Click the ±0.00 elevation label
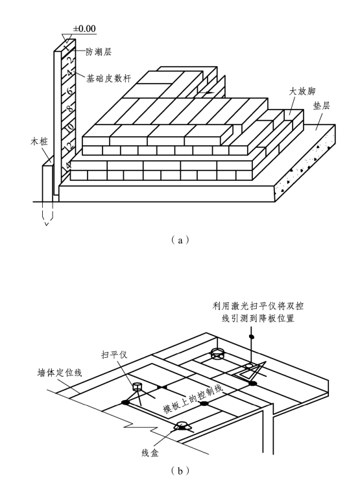point(84,29)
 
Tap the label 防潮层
point(99,52)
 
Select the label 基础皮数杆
point(108,78)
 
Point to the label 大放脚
point(302,91)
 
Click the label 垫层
point(322,106)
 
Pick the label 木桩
point(39,142)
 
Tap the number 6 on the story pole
point(70,91)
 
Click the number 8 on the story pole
point(70,108)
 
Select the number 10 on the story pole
point(70,127)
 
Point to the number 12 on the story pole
point(69,146)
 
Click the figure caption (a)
point(180,240)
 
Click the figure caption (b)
point(180,471)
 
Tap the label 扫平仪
point(114,355)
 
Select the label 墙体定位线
point(60,373)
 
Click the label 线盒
point(150,453)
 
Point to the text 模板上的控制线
point(193,399)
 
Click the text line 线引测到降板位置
point(258,318)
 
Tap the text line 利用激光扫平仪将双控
point(258,306)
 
